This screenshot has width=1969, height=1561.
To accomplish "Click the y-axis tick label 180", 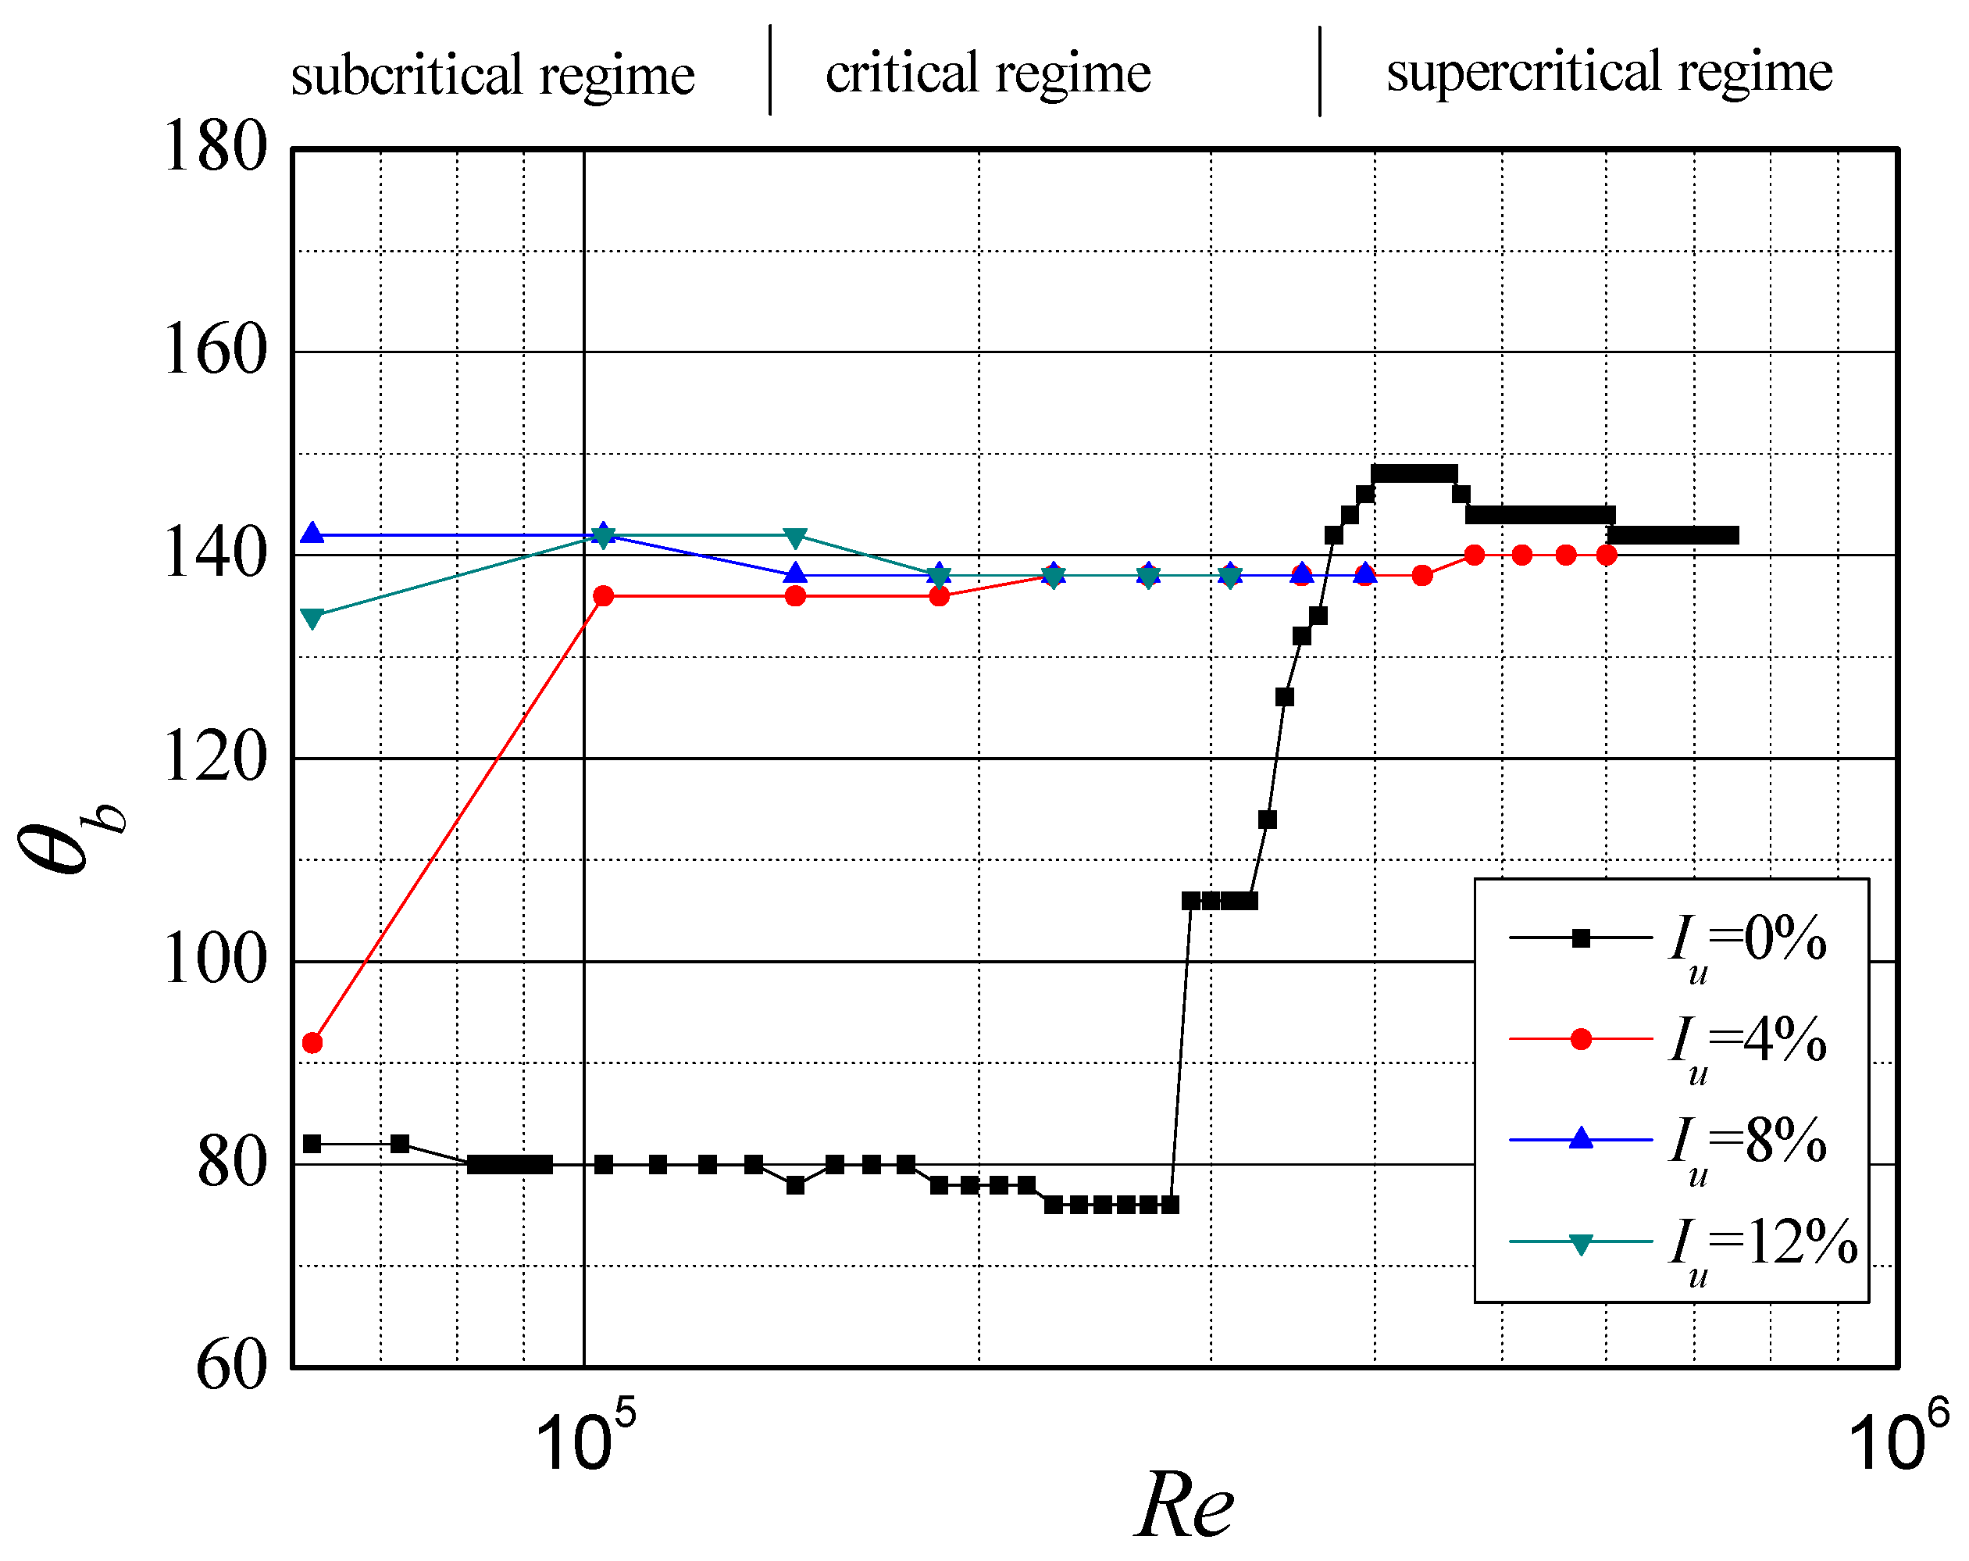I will [x=215, y=147].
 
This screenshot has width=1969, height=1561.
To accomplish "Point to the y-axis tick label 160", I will [x=215, y=351].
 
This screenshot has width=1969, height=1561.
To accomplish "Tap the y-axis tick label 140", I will [x=215, y=555].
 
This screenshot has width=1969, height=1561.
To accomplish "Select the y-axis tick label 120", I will [x=215, y=758].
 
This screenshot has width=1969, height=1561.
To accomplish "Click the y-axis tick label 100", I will [x=215, y=961].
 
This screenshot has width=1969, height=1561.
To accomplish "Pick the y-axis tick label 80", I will [x=232, y=1165].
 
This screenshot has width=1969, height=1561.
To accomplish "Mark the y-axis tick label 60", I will [x=232, y=1367].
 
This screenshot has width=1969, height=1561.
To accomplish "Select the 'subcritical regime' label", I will [x=492, y=75].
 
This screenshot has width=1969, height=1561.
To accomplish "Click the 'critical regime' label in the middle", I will [x=987, y=73].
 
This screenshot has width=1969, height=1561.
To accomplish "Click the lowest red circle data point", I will [x=312, y=1043].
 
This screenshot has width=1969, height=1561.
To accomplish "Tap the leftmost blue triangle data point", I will [x=312, y=534].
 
